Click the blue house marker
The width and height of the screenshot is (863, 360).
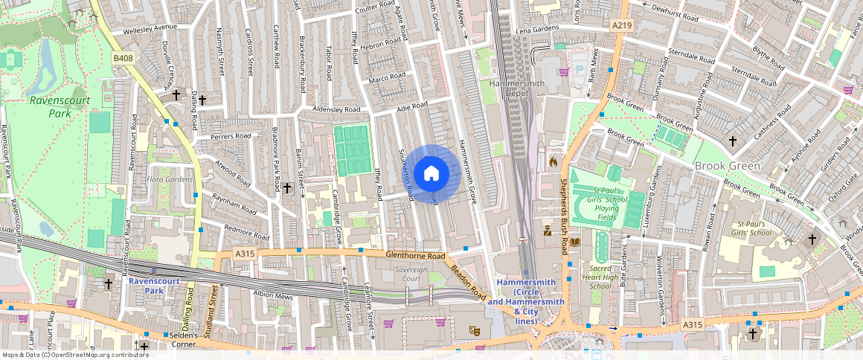click(431, 174)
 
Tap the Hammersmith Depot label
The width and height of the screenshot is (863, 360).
click(513, 89)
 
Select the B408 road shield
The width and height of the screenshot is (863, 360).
click(123, 58)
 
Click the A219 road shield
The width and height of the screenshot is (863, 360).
click(622, 25)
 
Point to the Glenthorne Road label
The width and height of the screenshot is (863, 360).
click(414, 254)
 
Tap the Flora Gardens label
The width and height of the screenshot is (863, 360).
click(170, 179)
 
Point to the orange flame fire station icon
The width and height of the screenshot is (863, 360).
click(553, 161)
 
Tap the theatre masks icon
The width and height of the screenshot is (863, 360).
click(473, 330)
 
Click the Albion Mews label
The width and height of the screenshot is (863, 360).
click(274, 295)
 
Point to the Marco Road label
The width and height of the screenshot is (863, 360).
click(387, 77)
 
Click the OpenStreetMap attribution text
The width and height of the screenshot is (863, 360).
click(74, 355)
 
